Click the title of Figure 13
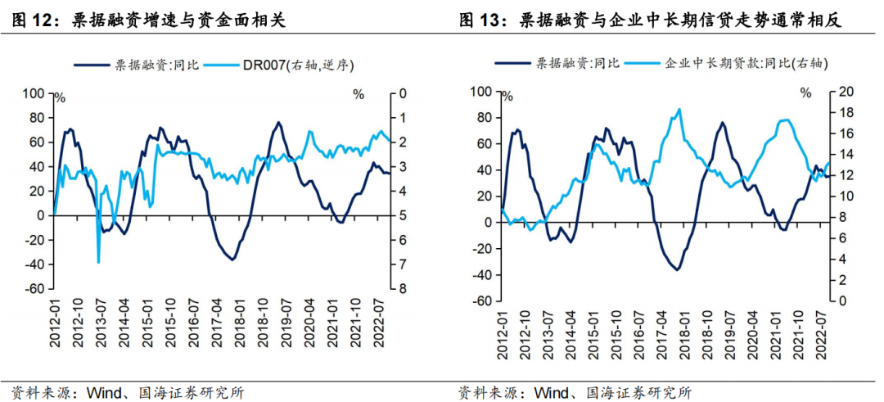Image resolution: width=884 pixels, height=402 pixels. [650, 19]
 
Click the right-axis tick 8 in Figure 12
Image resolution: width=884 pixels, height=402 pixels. [404, 289]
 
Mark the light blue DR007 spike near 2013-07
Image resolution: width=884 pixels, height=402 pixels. [98, 262]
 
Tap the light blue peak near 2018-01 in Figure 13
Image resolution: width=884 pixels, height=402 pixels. [679, 109]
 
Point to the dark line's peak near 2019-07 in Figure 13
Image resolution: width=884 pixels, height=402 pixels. [722, 123]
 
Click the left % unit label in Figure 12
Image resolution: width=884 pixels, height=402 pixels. [60, 97]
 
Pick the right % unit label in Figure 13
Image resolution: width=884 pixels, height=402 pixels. [805, 93]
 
